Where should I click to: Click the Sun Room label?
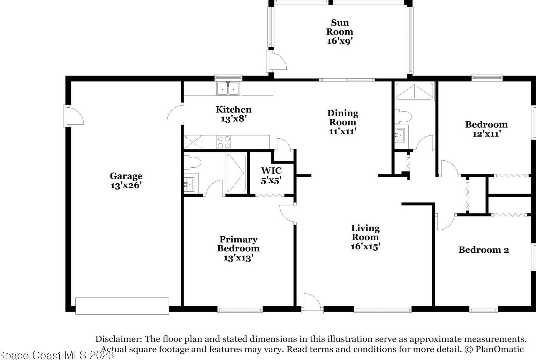tap(340, 27)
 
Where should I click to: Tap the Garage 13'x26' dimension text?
tap(126, 185)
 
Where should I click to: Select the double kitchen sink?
tap(228, 88)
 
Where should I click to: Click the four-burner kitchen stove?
tap(224, 142)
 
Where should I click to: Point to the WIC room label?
tap(271, 171)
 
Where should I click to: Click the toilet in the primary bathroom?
tap(193, 162)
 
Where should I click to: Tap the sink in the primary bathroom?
tap(189, 184)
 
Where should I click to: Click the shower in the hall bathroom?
tap(414, 91)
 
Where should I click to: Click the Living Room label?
tap(366, 233)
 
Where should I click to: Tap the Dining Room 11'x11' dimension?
tap(343, 131)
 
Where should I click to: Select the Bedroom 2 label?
tap(484, 250)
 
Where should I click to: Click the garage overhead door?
tap(122, 306)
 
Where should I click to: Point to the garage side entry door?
tap(73, 116)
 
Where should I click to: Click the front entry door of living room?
tap(312, 303)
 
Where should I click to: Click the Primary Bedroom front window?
tap(240, 310)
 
